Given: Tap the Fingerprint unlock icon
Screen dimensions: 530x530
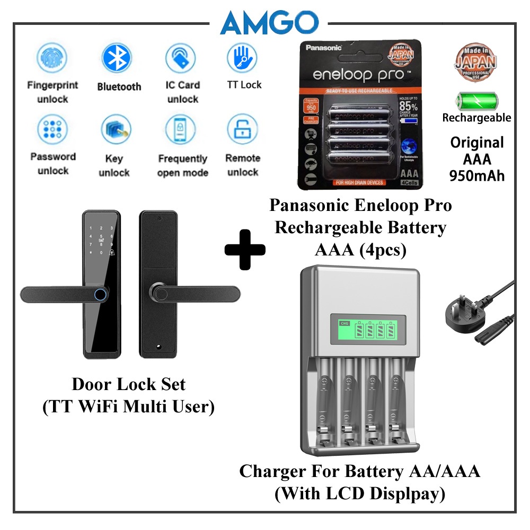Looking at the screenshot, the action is (52, 59).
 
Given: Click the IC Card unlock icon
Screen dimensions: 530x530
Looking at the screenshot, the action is (181, 59).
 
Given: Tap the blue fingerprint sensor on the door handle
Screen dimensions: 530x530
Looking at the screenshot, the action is (100, 293).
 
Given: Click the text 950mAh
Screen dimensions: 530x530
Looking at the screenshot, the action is (477, 175).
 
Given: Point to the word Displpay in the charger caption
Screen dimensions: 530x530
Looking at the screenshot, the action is (404, 494).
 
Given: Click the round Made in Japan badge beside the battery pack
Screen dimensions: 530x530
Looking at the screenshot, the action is (475, 62).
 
